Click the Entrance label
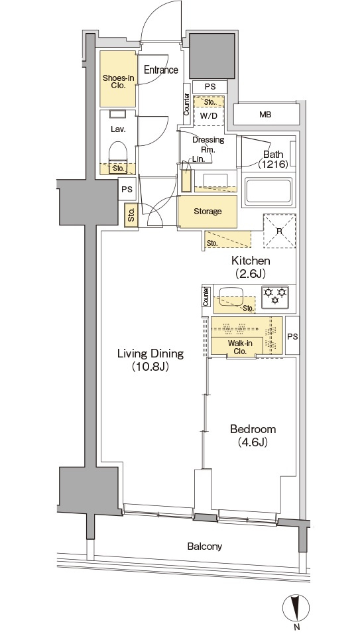coord(161,70)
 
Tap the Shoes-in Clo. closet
coord(118,79)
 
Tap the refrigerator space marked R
coord(280,231)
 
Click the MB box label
coord(265,115)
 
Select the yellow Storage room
coord(208,212)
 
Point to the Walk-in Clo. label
coord(240,348)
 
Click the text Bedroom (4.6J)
coord(247,436)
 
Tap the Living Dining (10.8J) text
coord(150,360)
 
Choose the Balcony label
coord(204,546)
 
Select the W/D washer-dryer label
coord(208,115)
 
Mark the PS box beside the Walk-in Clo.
coord(292,336)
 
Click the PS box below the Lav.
coord(127,189)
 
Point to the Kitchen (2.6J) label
coord(251,267)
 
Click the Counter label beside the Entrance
coord(187,104)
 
